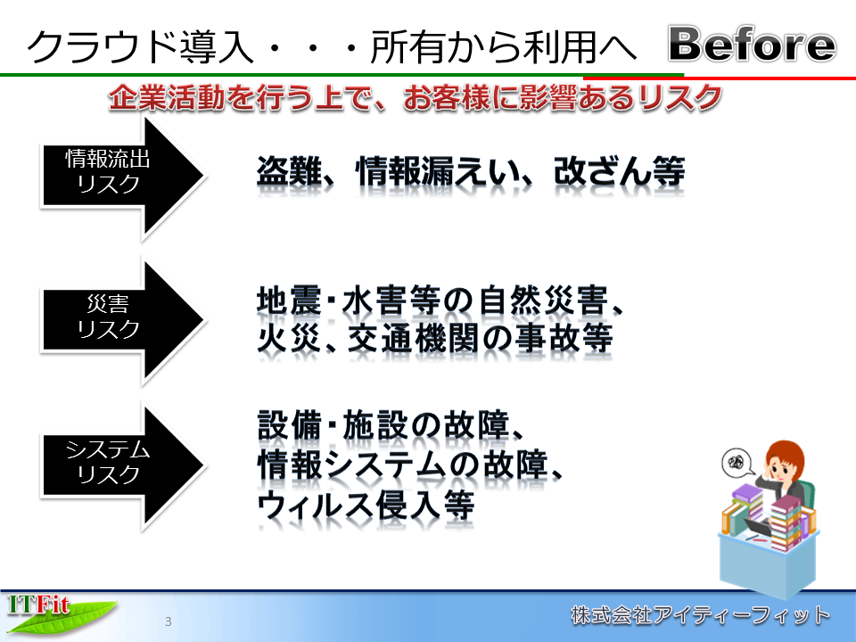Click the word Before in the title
[x=753, y=44]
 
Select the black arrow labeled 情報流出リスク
[x=123, y=176]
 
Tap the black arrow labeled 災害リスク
[x=123, y=320]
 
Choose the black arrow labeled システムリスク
[x=123, y=466]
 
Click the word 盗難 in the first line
[x=289, y=171]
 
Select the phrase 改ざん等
[x=619, y=171]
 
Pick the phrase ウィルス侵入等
[x=366, y=506]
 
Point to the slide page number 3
[x=169, y=621]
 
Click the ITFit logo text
[x=38, y=605]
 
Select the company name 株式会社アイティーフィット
[x=701, y=615]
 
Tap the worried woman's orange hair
[x=784, y=457]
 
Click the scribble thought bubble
[x=737, y=463]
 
